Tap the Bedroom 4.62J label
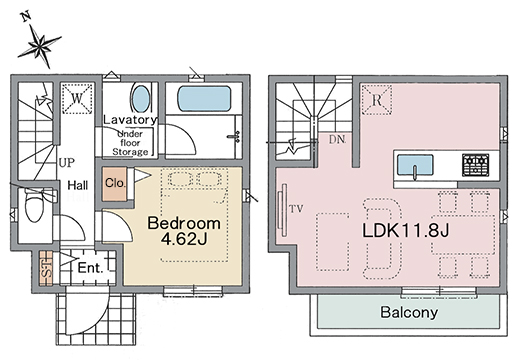click(184, 231)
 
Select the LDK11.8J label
click(406, 230)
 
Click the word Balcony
click(409, 312)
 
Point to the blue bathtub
click(204, 99)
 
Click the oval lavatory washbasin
click(141, 99)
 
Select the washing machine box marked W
click(77, 98)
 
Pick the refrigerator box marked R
click(377, 100)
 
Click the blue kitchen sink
click(415, 165)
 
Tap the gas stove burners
click(476, 165)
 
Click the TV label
click(296, 209)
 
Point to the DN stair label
click(337, 140)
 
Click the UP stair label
click(67, 163)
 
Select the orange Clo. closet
click(115, 184)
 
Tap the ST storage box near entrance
click(46, 268)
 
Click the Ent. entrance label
click(90, 267)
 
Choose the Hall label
click(78, 185)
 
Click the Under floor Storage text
click(130, 143)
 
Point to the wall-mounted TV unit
click(284, 210)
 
